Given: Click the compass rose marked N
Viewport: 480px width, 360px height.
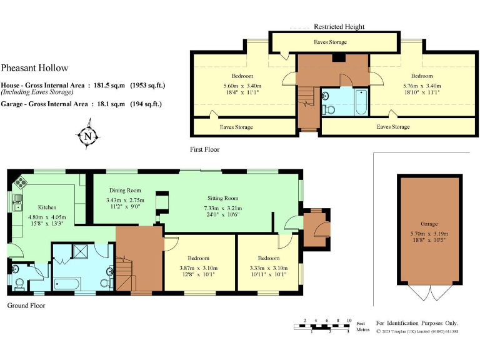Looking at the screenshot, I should [x=88, y=136].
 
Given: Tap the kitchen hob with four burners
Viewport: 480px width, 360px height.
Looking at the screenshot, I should [x=20, y=182].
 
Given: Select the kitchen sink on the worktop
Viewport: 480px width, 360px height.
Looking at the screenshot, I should [x=16, y=202].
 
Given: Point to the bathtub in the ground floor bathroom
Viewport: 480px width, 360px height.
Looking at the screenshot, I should [x=66, y=284].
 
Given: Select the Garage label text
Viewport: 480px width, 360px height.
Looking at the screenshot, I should [x=429, y=224].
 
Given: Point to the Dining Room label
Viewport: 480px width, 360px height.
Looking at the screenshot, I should [x=125, y=191].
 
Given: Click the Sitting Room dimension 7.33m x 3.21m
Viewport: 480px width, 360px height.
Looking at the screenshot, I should [x=222, y=208].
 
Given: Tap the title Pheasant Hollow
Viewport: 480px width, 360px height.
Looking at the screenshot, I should [x=34, y=67].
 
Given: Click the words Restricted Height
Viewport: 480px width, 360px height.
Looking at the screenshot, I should [x=339, y=27].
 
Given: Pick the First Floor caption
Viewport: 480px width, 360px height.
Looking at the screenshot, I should [x=205, y=149].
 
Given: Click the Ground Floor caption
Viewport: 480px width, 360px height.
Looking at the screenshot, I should [x=26, y=306].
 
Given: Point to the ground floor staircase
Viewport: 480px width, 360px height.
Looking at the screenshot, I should [x=125, y=275].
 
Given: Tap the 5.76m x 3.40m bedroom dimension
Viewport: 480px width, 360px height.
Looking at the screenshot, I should [x=422, y=86].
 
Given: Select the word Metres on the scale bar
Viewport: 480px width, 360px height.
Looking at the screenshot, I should [x=363, y=329].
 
